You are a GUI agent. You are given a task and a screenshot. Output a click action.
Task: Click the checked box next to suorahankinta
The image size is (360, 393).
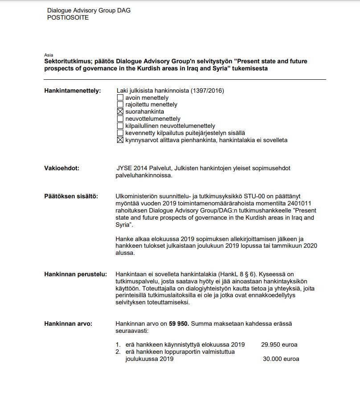(120, 112)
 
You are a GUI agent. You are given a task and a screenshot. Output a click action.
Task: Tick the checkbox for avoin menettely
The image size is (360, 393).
(120, 98)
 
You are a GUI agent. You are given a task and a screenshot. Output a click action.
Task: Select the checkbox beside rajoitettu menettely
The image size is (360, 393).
(120, 105)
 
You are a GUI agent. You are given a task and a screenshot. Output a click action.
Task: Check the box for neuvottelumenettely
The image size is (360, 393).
(120, 119)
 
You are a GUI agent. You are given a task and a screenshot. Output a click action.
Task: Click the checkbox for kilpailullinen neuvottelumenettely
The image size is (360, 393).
(120, 126)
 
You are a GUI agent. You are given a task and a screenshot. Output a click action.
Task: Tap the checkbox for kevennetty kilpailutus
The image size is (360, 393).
(120, 133)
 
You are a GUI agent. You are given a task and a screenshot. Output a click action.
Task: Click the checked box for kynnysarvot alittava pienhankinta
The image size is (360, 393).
(120, 140)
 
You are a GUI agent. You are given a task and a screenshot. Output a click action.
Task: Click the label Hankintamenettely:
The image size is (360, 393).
(73, 91)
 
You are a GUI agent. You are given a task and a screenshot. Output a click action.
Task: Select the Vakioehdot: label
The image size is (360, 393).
(61, 169)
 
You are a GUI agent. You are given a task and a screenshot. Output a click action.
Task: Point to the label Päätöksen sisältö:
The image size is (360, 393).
(71, 196)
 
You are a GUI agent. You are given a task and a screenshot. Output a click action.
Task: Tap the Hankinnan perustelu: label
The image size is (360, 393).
(75, 274)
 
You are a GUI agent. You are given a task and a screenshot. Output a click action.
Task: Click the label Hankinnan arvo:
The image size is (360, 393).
(68, 323)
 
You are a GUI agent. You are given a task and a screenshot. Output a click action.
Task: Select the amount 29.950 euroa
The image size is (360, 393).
(279, 344)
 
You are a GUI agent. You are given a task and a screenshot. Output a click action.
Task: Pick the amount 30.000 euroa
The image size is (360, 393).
(281, 359)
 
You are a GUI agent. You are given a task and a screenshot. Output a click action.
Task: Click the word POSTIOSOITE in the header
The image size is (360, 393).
(68, 18)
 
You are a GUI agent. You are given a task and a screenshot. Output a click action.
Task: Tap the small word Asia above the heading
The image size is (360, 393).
(49, 55)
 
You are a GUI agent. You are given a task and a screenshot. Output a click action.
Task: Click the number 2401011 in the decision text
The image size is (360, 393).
(298, 204)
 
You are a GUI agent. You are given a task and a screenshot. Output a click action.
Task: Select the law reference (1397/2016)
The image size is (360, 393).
(208, 91)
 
